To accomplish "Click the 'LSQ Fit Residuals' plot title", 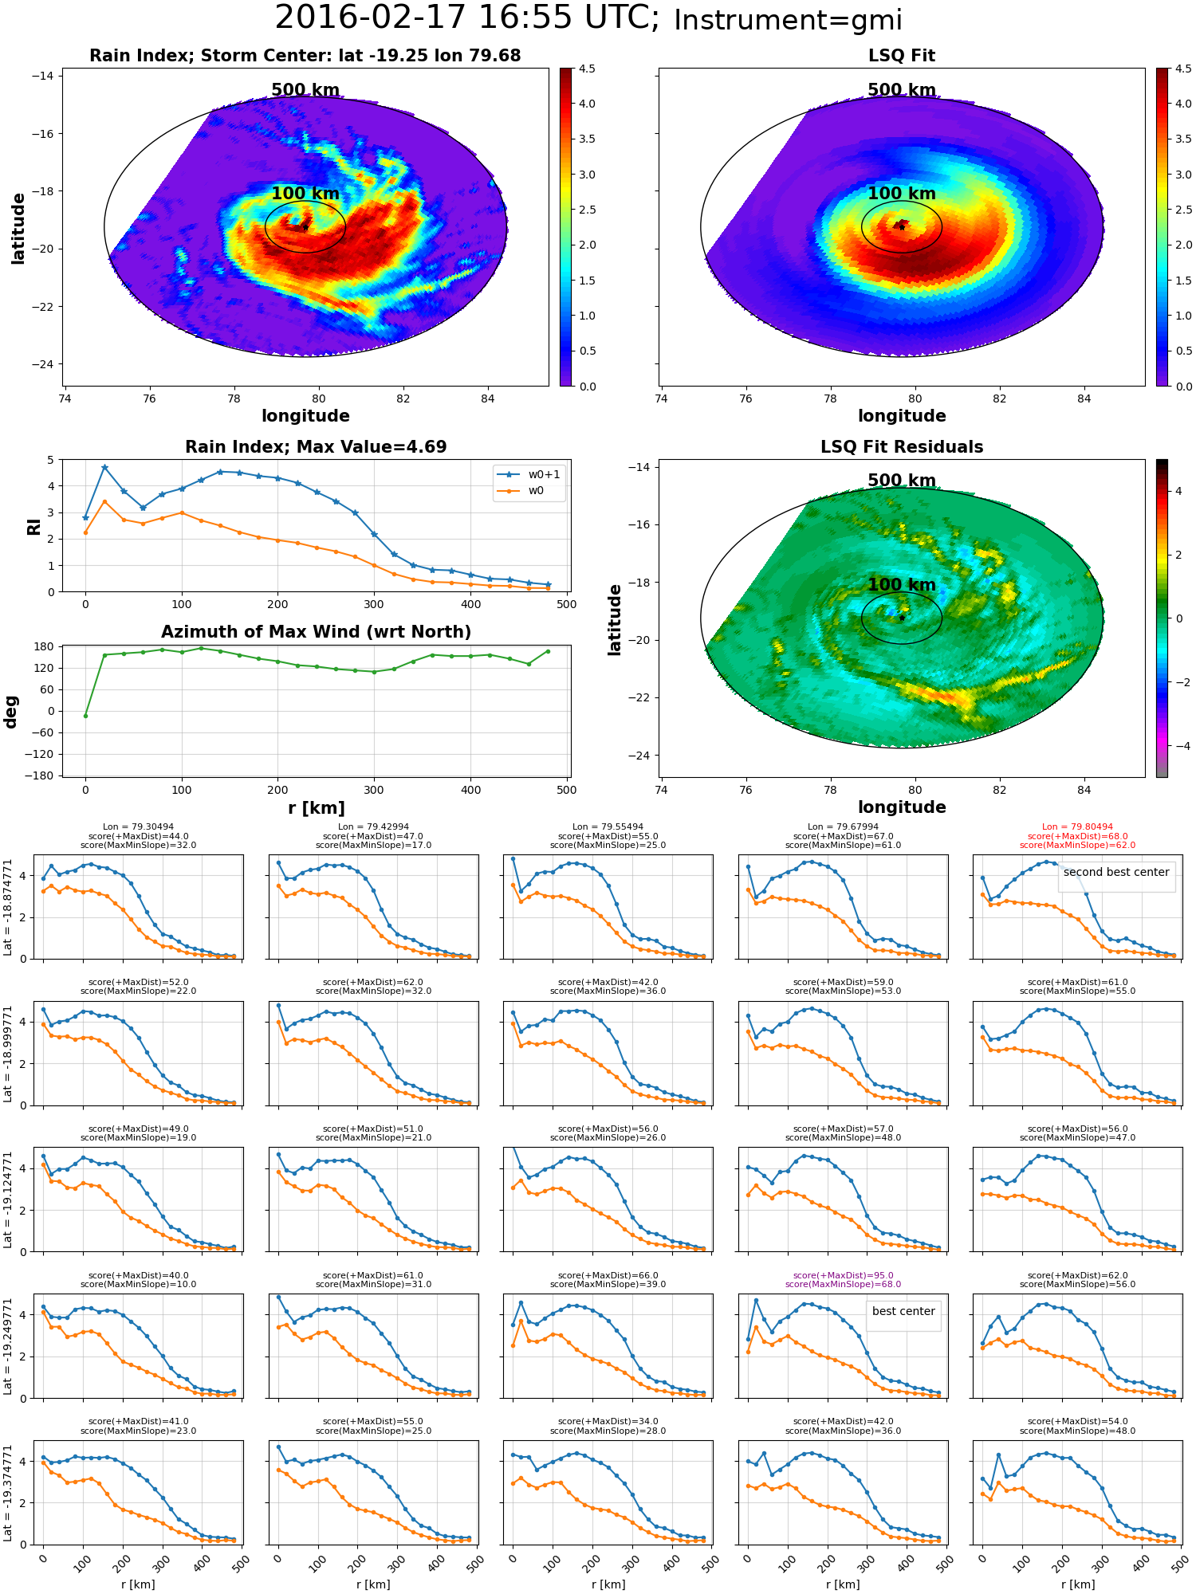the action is (x=902, y=447).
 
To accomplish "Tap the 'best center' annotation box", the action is (x=903, y=1311).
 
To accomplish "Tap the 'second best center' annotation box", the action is (x=1116, y=872).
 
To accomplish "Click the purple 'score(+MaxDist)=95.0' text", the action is (x=843, y=1275).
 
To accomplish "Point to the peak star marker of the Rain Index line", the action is (x=104, y=467).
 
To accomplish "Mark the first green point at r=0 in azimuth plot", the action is (x=85, y=716).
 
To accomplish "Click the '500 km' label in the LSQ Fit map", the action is (x=902, y=90).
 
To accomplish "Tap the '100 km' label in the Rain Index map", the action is (x=305, y=194).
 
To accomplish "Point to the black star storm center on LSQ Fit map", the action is (x=902, y=227).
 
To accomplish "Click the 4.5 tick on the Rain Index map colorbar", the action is (x=587, y=69).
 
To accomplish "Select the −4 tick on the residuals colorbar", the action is (x=1178, y=746).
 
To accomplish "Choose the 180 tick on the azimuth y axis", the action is (x=45, y=646).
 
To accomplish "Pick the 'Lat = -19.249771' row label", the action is (x=8, y=1346).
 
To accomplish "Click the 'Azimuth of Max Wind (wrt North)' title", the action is (x=316, y=632).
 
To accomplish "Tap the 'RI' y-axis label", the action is (x=33, y=527).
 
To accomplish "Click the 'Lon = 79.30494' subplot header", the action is (x=138, y=827).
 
